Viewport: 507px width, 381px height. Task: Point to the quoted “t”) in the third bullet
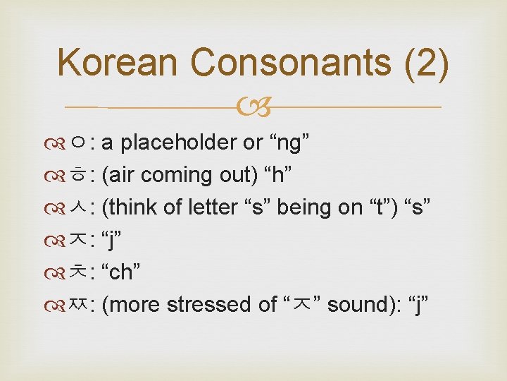tap(381, 207)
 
